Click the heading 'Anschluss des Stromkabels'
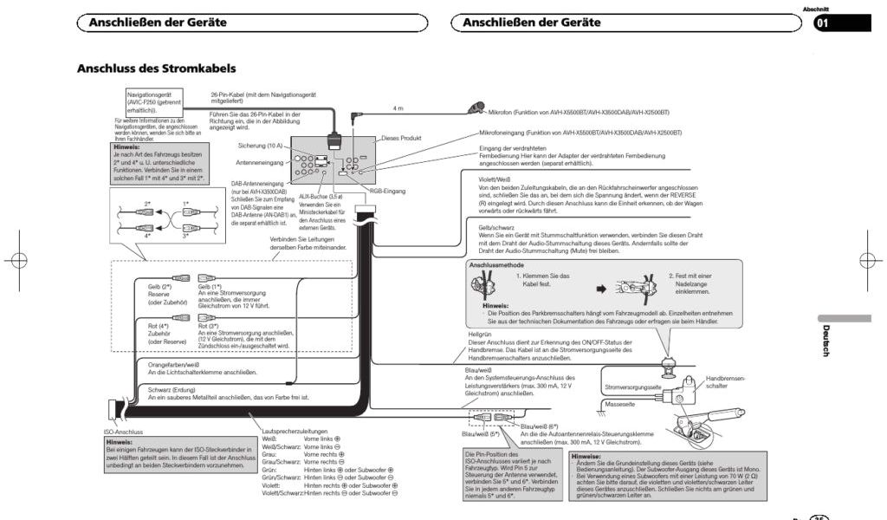click(x=157, y=68)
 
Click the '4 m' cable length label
click(x=398, y=108)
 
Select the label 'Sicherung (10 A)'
click(x=260, y=146)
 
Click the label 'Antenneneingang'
click(x=259, y=162)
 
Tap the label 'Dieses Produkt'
click(x=401, y=138)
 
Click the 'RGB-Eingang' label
click(x=388, y=190)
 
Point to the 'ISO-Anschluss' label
click(x=123, y=431)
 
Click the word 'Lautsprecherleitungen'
click(x=295, y=431)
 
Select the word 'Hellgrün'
click(x=481, y=334)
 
